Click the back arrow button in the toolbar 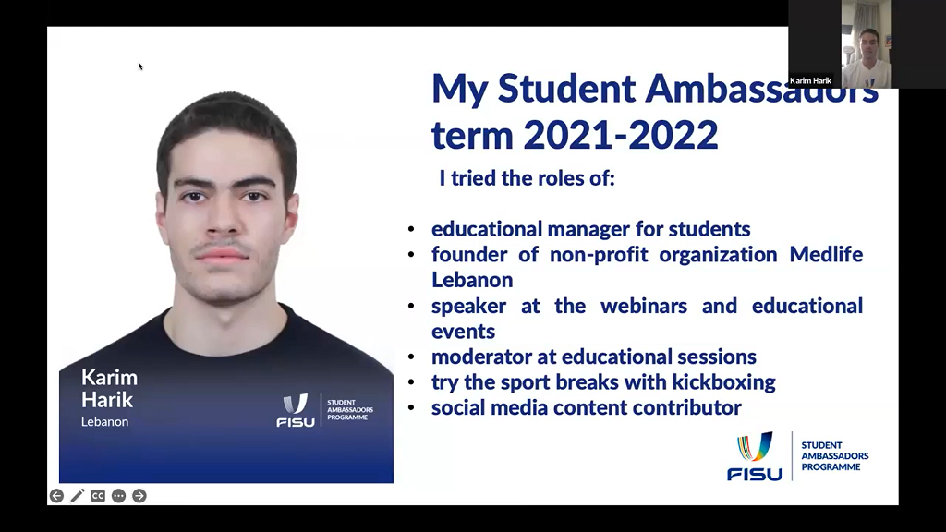pos(56,496)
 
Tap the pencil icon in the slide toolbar pos(78,496)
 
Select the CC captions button pos(98,496)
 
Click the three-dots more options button pos(119,496)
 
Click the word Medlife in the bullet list pos(826,255)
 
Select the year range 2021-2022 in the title pos(621,134)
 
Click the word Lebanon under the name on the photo pos(105,421)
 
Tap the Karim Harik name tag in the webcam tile pos(810,81)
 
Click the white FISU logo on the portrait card pos(296,410)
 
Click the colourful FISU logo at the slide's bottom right pos(755,456)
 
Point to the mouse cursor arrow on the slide pos(140,66)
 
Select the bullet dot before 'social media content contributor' pos(411,408)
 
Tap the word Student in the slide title pos(566,88)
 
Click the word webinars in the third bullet pos(644,306)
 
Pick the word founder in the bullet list pos(467,255)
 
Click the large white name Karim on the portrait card pos(109,378)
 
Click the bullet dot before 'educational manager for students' pos(411,230)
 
